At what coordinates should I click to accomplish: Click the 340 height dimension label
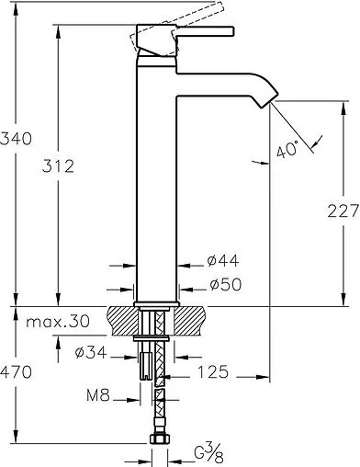16,139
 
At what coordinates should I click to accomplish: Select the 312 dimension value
58,166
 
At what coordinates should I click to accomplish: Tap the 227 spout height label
343,211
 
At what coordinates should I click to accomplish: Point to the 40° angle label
287,149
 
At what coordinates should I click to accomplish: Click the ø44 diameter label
223,261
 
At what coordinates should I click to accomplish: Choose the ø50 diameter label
226,284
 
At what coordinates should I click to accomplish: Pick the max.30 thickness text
58,322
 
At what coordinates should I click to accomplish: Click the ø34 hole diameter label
91,352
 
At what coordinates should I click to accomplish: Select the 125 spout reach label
213,372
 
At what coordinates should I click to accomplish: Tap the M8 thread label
98,395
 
